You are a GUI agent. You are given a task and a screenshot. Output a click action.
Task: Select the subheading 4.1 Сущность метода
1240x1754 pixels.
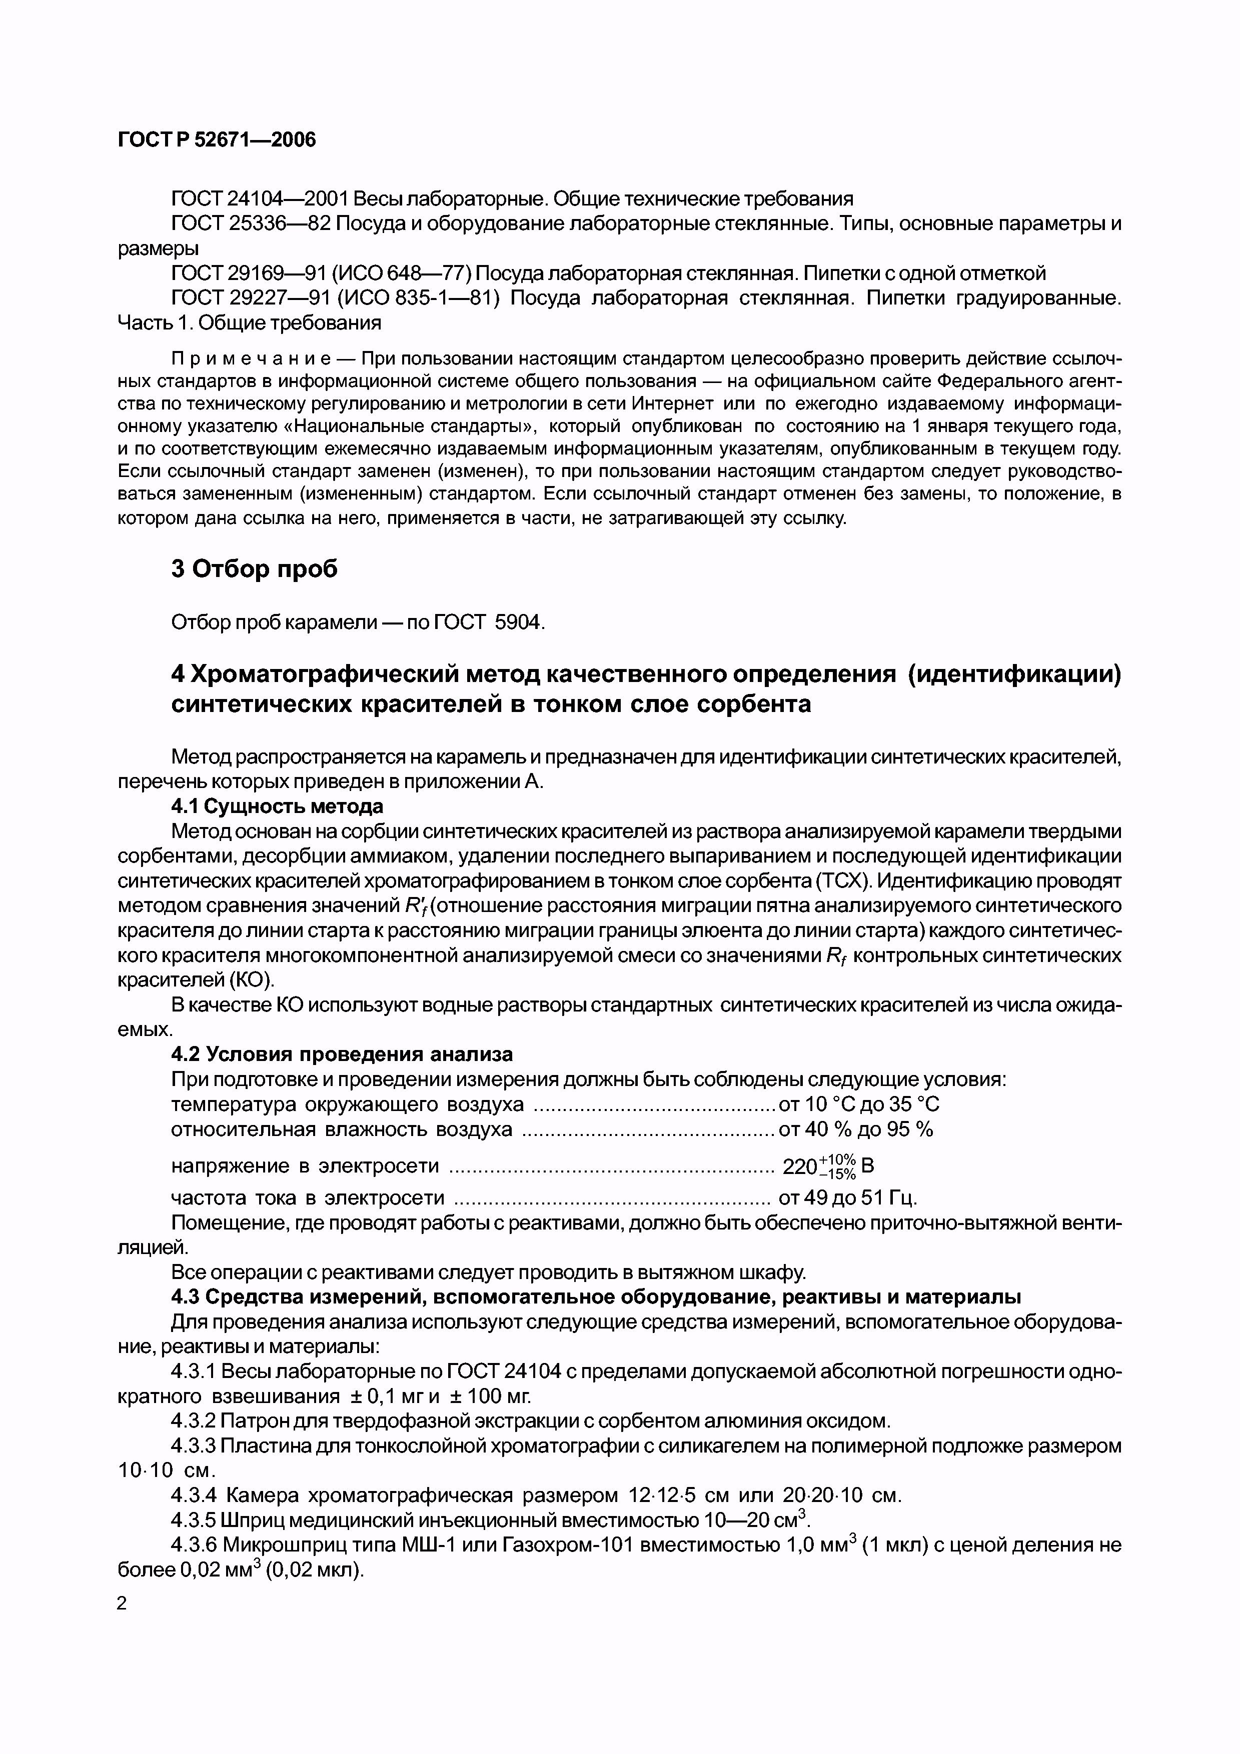tap(277, 806)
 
